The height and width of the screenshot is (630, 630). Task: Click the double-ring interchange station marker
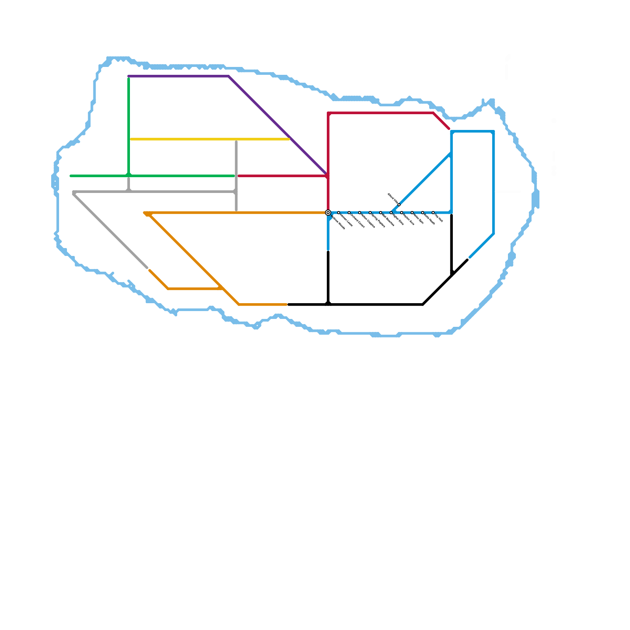coord(328,213)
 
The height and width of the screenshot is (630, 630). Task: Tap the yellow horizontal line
coord(209,139)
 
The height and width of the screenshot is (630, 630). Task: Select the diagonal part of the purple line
coord(276,123)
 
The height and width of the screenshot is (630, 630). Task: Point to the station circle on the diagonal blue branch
coord(399,205)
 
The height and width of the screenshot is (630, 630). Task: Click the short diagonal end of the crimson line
coord(441,121)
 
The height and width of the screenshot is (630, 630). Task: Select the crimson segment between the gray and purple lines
coord(282,176)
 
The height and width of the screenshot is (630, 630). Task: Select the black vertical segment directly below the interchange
coord(328,276)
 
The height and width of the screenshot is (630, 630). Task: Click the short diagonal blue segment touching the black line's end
coord(481,246)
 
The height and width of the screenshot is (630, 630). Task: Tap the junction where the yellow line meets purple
coord(290,139)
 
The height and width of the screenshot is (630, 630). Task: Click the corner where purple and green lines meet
coord(129,76)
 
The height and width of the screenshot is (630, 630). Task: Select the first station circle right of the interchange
coord(339,213)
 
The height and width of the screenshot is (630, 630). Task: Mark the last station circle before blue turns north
coord(433,213)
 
